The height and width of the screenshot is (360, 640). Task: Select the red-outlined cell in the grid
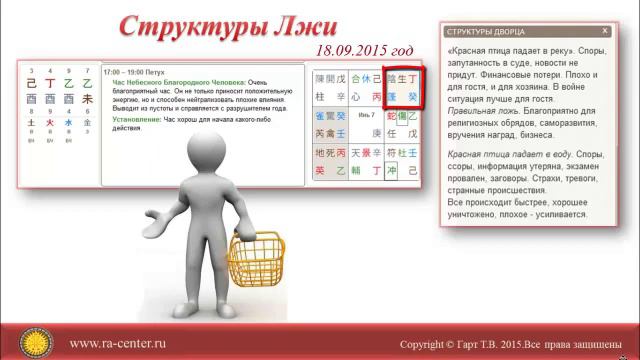[402, 87]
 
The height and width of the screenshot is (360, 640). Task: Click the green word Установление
[134, 119]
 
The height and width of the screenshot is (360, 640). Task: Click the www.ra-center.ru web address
[117, 342]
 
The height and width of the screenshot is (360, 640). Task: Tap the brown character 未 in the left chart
[87, 100]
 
